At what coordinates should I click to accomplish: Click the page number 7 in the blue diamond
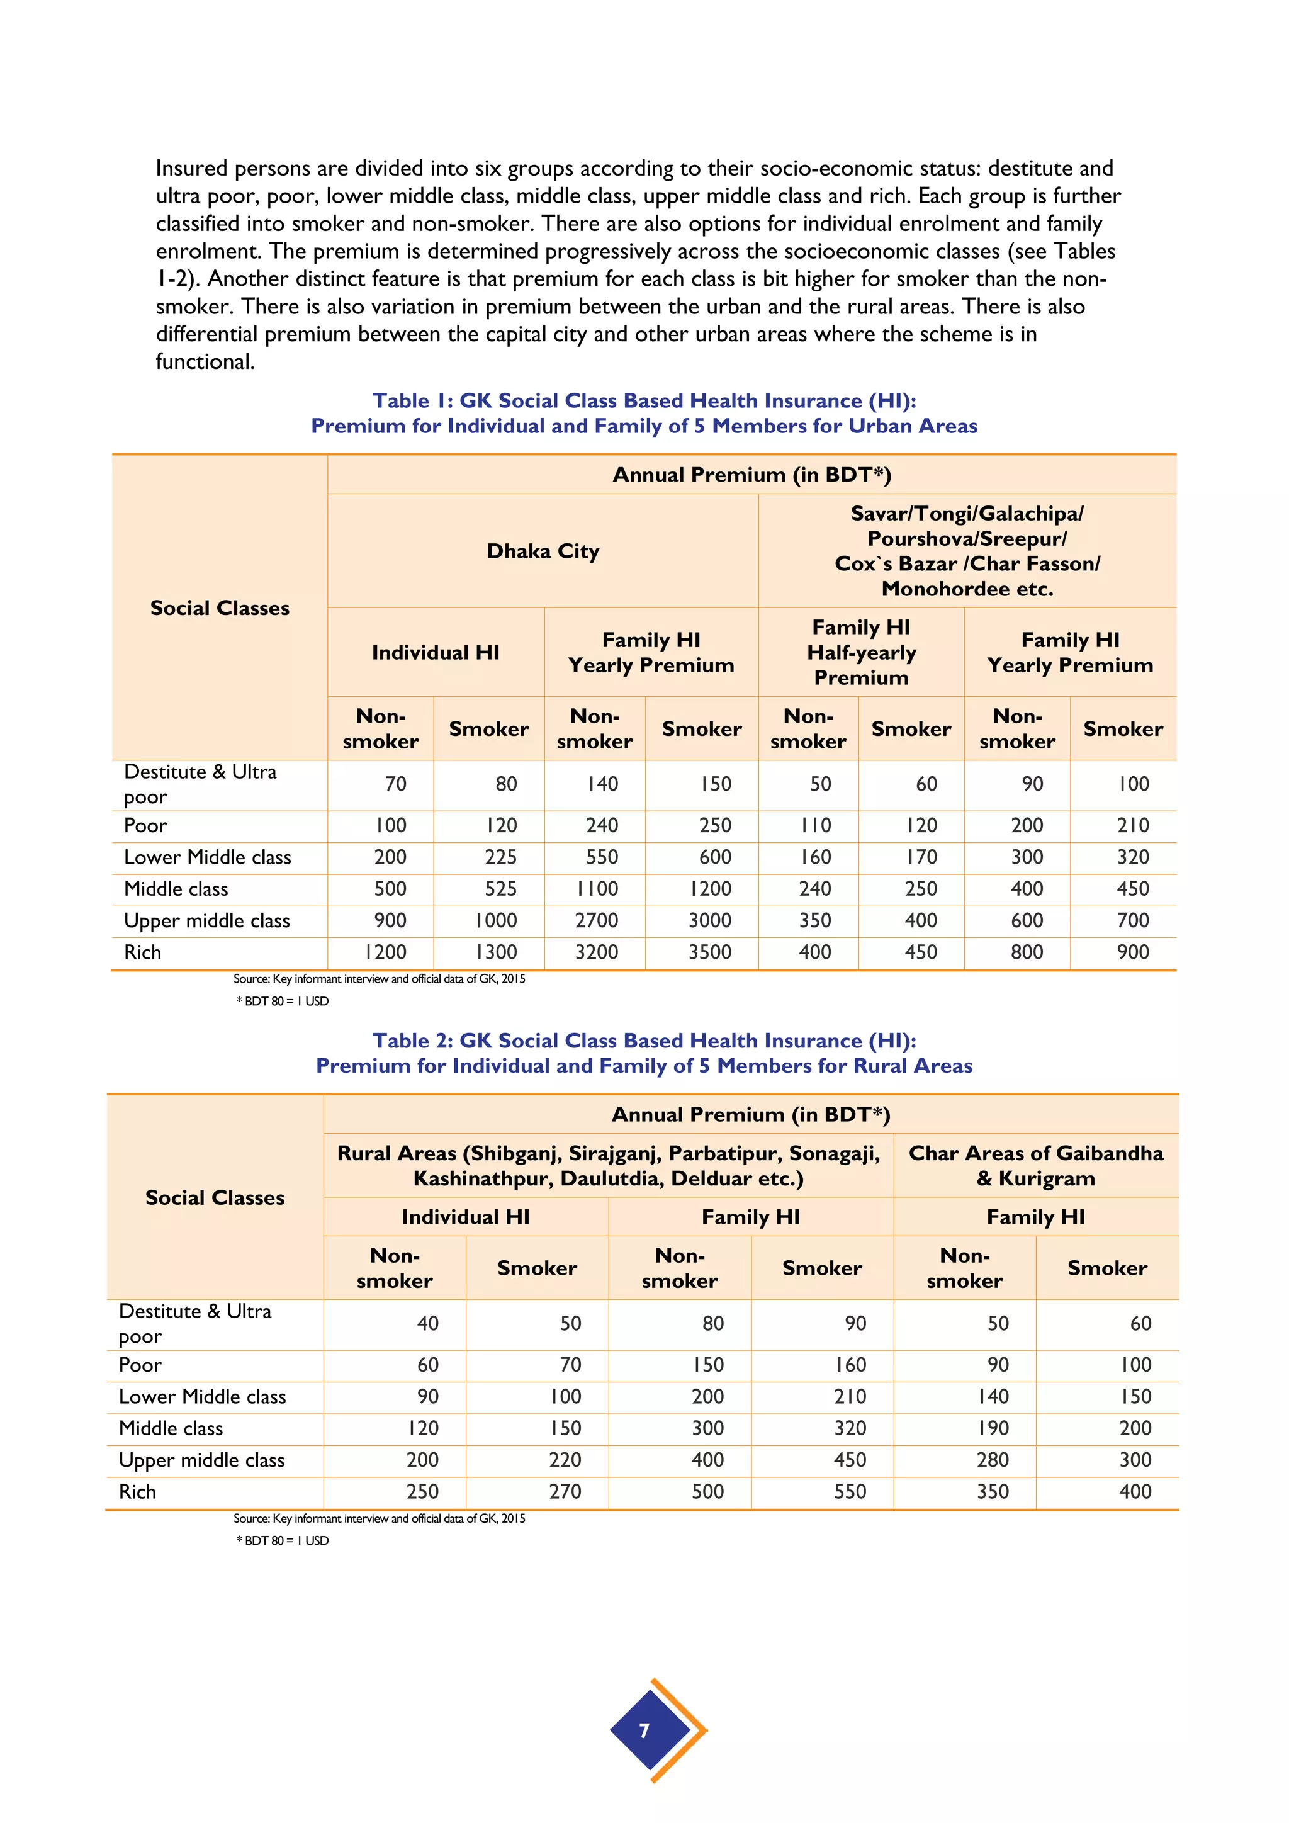pos(644,1730)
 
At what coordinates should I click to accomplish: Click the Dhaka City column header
pos(543,551)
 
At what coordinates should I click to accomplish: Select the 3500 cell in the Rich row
pos(709,952)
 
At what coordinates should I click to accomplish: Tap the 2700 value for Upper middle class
pos(596,920)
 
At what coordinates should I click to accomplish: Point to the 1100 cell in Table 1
pos(596,888)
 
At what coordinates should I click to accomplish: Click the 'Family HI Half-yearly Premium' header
pos(861,652)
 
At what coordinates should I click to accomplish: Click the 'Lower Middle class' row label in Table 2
pos(203,1397)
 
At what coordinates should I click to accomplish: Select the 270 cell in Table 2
pos(565,1492)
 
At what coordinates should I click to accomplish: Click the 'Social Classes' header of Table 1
pos(220,608)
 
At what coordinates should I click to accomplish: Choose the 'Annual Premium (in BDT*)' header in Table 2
pos(751,1114)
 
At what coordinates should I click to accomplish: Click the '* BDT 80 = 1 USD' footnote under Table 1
pos(283,1002)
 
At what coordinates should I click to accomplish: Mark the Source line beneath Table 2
pos(379,1518)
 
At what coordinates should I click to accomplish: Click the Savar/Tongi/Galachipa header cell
pos(967,551)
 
